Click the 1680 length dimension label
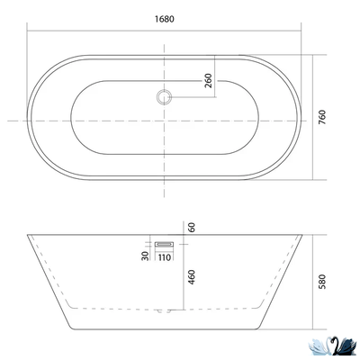coord(165,19)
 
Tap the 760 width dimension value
coord(321,118)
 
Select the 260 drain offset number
coord(208,80)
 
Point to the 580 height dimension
coord(321,282)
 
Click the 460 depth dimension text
coord(191,277)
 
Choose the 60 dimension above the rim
coord(192,228)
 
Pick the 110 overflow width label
coord(165,257)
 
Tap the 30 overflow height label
coord(145,256)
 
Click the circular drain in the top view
coord(164,97)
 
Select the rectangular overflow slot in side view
coord(165,245)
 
